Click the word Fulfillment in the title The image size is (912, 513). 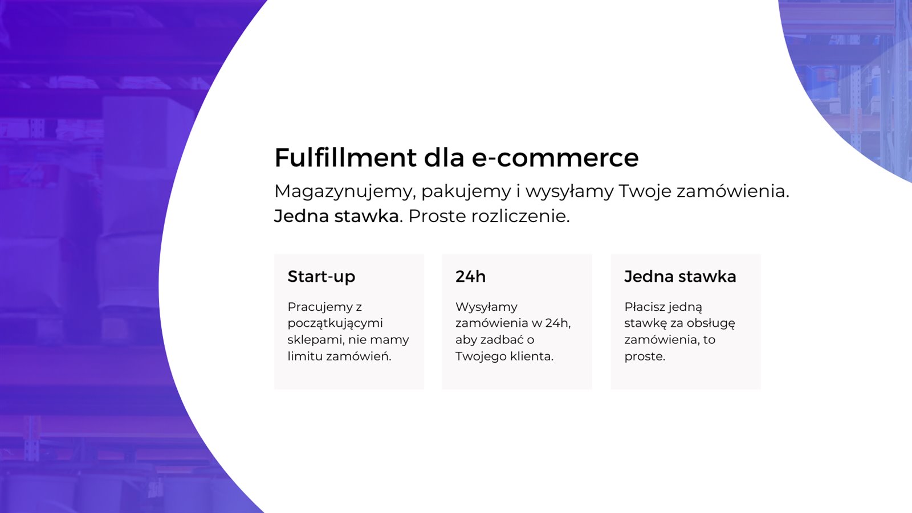pyautogui.click(x=345, y=158)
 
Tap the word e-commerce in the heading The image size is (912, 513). pyautogui.click(x=555, y=158)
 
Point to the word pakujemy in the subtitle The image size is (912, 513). pyautogui.click(x=466, y=192)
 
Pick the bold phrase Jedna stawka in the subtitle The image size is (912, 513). pyautogui.click(x=337, y=216)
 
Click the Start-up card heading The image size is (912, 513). pyautogui.click(x=321, y=277)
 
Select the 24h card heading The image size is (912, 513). pyautogui.click(x=470, y=277)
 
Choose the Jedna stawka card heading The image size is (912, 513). pyautogui.click(x=680, y=277)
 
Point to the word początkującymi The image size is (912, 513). pyautogui.click(x=335, y=323)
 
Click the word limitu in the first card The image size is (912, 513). pyautogui.click(x=305, y=356)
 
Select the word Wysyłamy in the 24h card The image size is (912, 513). pyautogui.click(x=486, y=307)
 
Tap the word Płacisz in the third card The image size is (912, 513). pyautogui.click(x=644, y=307)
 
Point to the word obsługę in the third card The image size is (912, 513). pyautogui.click(x=712, y=323)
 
